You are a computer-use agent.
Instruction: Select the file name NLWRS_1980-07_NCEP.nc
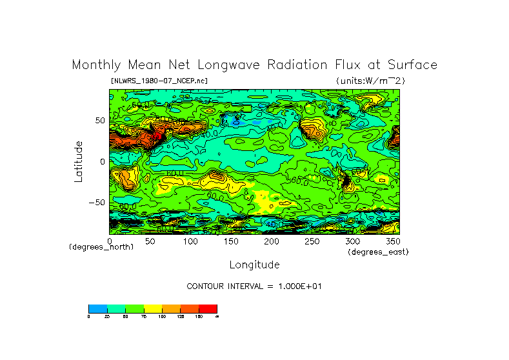point(159,81)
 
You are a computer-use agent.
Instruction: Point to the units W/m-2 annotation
point(370,81)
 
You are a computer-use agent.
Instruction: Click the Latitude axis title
point(78,161)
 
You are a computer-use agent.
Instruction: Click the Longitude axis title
point(254,265)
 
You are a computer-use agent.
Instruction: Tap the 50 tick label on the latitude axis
point(99,121)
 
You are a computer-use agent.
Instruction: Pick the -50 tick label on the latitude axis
point(97,202)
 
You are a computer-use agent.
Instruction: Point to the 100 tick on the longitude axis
point(190,241)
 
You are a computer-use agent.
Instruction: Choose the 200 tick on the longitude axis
point(271,241)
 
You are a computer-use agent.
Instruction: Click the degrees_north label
point(101,247)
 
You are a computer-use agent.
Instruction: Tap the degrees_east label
point(378,252)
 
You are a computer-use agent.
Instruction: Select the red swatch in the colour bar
point(208,308)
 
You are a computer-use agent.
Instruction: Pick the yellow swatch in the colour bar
point(152,308)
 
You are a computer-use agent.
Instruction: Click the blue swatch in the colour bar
point(97,308)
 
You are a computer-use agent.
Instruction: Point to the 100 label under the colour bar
point(162,316)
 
